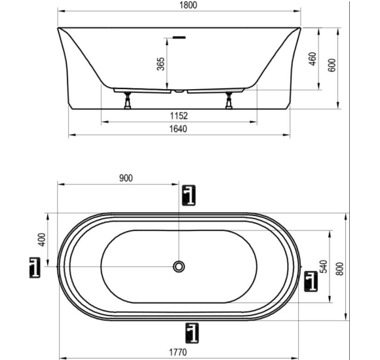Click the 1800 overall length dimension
point(188,5)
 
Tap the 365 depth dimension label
point(161,64)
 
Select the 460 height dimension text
point(313,59)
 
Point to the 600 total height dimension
point(332,65)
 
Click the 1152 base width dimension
point(179,116)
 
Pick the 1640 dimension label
point(178,129)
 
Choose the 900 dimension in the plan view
point(126,178)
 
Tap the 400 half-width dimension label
point(42,240)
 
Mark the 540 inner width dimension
point(324,266)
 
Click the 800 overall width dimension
point(340,269)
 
